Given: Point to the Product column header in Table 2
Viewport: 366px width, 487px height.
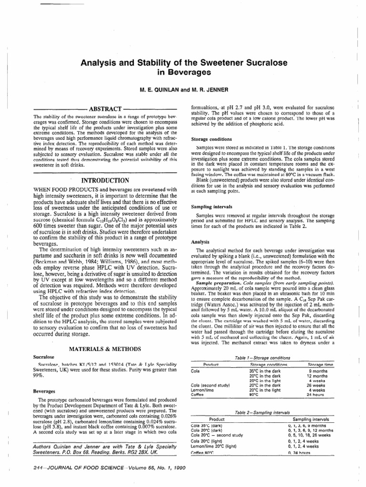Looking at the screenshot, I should click(x=217, y=407).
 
